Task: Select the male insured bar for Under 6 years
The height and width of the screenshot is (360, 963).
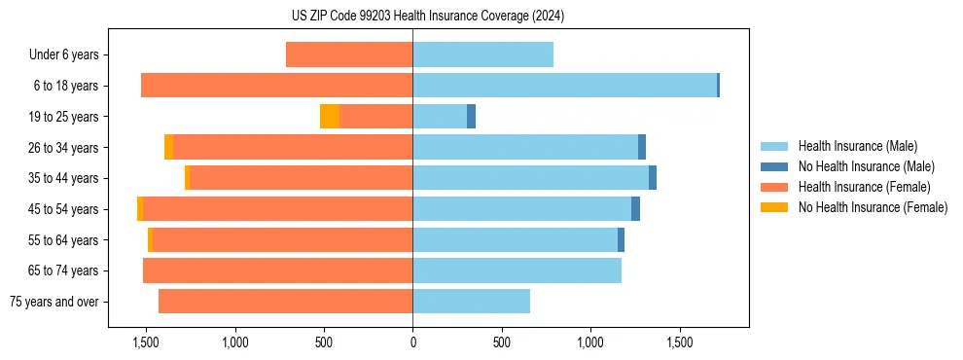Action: click(x=482, y=54)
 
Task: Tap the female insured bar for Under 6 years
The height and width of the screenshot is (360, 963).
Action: click(x=349, y=54)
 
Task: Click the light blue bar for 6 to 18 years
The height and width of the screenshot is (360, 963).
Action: click(x=564, y=86)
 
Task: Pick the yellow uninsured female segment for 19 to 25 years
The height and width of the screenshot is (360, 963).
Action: click(x=330, y=117)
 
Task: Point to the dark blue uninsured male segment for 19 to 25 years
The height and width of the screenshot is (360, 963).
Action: click(x=471, y=117)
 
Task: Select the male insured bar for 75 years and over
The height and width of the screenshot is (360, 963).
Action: click(x=471, y=302)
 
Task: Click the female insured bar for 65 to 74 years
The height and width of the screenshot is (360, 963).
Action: click(x=277, y=270)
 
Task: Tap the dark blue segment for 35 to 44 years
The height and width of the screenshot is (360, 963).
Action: click(x=653, y=178)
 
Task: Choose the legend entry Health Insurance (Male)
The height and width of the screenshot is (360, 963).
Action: click(x=857, y=146)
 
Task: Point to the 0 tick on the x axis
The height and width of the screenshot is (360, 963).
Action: click(x=412, y=343)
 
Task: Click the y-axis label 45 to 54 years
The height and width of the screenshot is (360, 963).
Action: click(x=64, y=209)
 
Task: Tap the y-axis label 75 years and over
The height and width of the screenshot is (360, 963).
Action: click(x=53, y=302)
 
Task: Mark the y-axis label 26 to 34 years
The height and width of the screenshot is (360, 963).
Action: click(x=64, y=148)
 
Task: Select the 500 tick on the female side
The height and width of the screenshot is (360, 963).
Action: click(x=324, y=343)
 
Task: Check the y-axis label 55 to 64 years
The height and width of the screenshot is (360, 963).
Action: click(x=64, y=240)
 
